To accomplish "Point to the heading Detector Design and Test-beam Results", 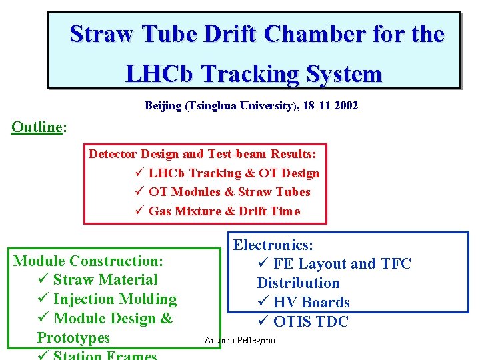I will point(203,154).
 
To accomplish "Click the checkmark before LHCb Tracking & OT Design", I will point(139,173).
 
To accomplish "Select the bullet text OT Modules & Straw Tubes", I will point(229,192).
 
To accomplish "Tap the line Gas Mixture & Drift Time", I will point(224,211).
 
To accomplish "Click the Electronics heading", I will point(273,245).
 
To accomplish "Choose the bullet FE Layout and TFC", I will point(342,264).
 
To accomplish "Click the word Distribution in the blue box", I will point(298,283).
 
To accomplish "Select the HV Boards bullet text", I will point(311,303).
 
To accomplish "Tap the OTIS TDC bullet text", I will point(311,322).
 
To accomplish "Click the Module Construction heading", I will point(88,261).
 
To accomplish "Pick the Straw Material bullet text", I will point(105,280).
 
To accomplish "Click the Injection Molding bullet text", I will point(115,299).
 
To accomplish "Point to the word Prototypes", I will point(73,338).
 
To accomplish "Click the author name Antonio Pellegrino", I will point(239,341).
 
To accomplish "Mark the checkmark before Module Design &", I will point(43,319).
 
